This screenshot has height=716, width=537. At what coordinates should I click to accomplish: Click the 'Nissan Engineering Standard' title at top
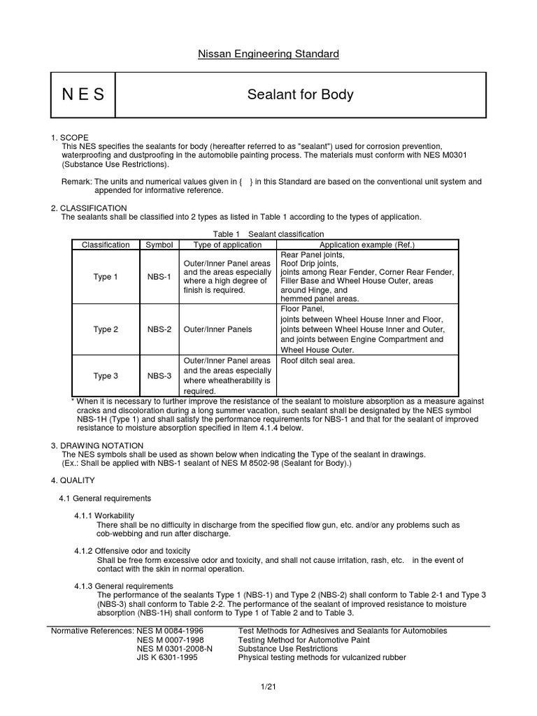pos(268,54)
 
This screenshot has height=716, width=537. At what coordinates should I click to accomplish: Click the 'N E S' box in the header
pos(83,94)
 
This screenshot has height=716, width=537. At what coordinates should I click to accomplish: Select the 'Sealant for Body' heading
pos(300,94)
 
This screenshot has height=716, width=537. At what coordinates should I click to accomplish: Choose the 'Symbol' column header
pos(159,245)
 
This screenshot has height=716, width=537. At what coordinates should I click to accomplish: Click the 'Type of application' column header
pos(227,245)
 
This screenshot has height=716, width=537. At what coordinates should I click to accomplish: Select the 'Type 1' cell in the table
pos(106,277)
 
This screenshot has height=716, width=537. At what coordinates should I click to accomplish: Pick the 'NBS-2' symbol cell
pos(159,329)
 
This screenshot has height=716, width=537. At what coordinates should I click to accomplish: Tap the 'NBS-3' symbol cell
pos(159,375)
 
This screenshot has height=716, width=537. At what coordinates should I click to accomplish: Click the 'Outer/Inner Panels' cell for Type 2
pos(217,329)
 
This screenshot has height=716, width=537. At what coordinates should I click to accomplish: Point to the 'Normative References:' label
pos(92,630)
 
